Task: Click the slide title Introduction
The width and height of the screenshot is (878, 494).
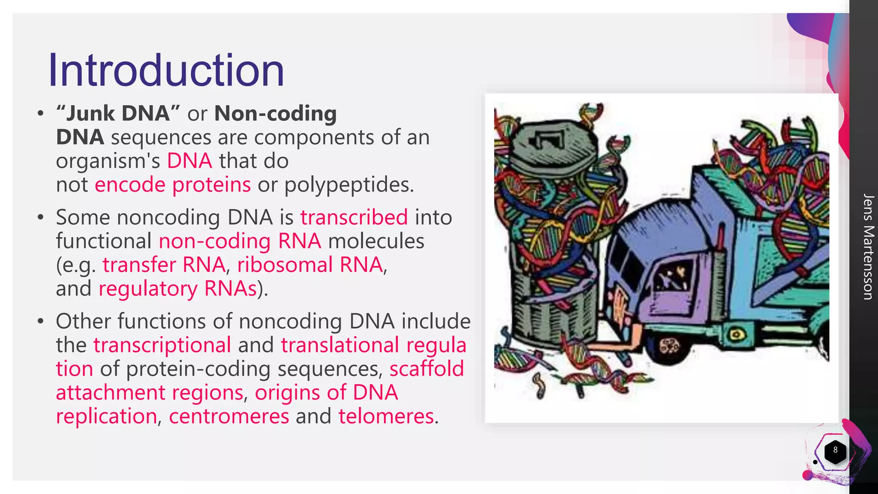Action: (x=166, y=70)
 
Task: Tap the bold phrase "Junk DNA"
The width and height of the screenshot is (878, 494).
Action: (x=118, y=114)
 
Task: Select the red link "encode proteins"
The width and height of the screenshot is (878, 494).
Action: (x=172, y=185)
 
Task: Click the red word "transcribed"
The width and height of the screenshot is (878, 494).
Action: (x=354, y=217)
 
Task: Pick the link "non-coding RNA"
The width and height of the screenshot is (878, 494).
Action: (x=240, y=241)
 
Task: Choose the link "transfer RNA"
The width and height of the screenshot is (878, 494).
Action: (x=164, y=265)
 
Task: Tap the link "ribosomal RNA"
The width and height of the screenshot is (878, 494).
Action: (x=310, y=265)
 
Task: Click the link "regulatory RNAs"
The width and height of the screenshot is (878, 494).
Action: (x=177, y=289)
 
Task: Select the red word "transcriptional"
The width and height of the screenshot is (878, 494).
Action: (x=162, y=345)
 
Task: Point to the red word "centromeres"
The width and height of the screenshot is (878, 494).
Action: (x=229, y=416)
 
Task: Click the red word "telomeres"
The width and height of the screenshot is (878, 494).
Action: (x=386, y=416)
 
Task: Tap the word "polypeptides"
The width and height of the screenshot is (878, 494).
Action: (x=349, y=185)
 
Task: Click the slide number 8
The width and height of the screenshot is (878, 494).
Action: (x=835, y=450)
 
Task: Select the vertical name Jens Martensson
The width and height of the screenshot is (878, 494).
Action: (x=868, y=247)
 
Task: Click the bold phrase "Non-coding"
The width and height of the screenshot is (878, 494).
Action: (x=275, y=114)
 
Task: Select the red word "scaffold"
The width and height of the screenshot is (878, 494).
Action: (x=427, y=369)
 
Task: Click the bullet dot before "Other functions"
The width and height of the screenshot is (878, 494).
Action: (x=41, y=321)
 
